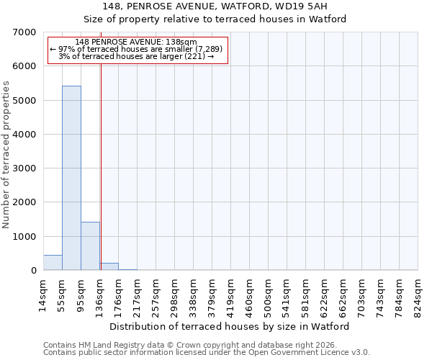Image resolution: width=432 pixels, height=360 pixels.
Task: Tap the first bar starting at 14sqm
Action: tap(53, 263)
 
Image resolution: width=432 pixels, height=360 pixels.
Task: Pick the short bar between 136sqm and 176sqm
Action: tap(109, 266)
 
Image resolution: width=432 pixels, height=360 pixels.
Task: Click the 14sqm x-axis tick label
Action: tap(43, 294)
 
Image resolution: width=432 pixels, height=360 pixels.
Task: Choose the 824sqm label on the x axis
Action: tap(418, 294)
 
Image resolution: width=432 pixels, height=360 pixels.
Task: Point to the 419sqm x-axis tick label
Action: tap(230, 294)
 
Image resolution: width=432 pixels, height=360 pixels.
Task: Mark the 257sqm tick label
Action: tap(156, 294)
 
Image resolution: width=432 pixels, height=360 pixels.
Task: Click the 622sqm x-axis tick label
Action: tap(324, 294)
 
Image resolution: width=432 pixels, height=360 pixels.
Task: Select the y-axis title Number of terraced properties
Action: tap(6, 154)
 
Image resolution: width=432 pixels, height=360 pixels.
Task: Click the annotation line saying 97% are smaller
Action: tap(137, 49)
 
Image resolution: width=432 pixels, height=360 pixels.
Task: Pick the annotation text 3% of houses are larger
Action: tap(137, 56)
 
